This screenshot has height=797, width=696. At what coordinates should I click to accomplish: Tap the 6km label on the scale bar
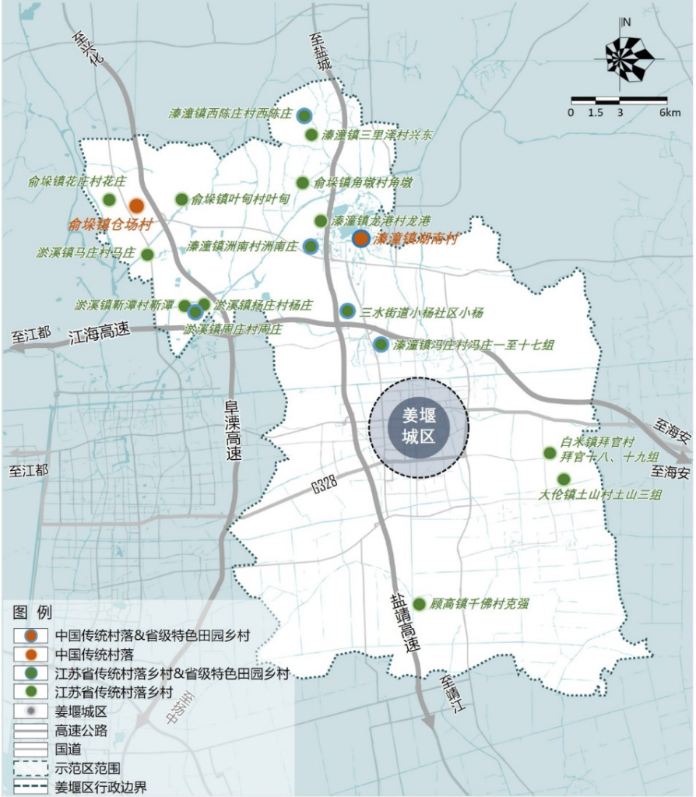pyautogui.click(x=670, y=113)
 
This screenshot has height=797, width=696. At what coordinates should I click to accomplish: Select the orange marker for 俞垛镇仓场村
pyautogui.click(x=136, y=206)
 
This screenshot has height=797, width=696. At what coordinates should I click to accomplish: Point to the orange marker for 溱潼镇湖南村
pyautogui.click(x=360, y=239)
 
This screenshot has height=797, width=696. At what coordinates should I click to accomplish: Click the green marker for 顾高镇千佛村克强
pyautogui.click(x=419, y=604)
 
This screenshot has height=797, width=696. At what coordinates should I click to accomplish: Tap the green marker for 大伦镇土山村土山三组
pyautogui.click(x=563, y=479)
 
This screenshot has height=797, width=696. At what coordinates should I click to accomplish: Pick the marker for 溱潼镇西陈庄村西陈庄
pyautogui.click(x=304, y=114)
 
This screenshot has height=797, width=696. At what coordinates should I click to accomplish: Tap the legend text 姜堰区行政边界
pyautogui.click(x=100, y=785)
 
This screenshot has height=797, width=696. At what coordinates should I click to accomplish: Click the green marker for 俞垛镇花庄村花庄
pyautogui.click(x=109, y=199)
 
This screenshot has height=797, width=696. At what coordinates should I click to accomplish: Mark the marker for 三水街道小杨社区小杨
pyautogui.click(x=347, y=311)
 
